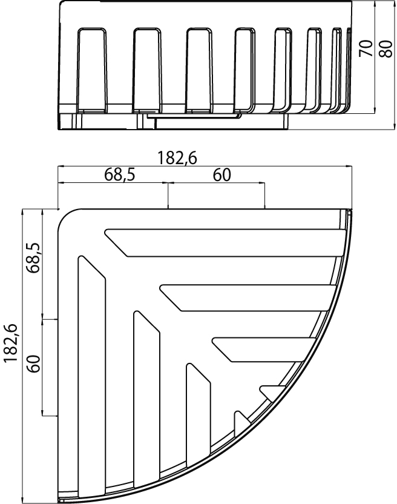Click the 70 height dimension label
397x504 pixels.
tap(367, 48)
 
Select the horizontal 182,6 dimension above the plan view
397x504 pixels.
tap(177, 158)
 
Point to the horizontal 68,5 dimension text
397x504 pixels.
tap(119, 175)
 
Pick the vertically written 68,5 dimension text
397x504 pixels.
tap(34, 257)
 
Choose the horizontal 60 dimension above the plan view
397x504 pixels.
tap(222, 175)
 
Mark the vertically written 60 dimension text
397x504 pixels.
tap(34, 363)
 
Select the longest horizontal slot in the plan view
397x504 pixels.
tap(225, 243)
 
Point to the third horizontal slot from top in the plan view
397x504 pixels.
tap(263, 350)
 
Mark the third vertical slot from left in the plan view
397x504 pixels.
tap(198, 414)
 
